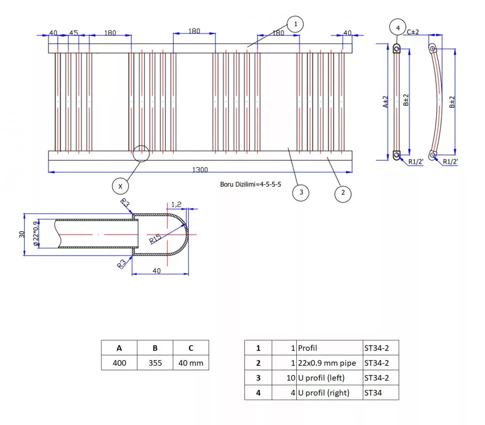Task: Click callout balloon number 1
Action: (295, 23)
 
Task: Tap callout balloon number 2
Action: (343, 193)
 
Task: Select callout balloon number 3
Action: (301, 192)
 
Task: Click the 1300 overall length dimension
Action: (200, 170)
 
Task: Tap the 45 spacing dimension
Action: (73, 33)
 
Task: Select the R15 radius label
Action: (155, 238)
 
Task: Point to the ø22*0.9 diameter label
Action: (35, 234)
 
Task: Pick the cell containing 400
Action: (119, 362)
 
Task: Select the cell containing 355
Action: (155, 362)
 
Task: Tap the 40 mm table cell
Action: (191, 362)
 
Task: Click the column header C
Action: (191, 348)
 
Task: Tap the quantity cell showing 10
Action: (284, 378)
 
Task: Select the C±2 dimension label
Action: (413, 32)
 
